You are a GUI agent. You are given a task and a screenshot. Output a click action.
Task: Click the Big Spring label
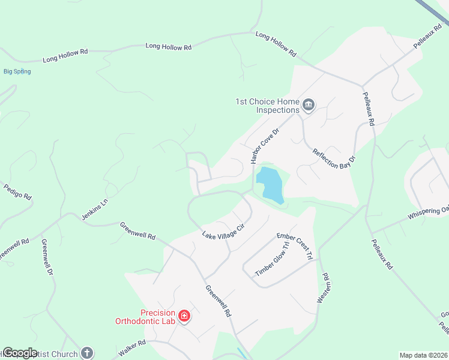[17, 71]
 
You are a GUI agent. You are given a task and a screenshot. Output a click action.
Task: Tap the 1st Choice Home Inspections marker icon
[309, 106]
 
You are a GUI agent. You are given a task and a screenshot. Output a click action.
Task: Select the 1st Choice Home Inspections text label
[267, 106]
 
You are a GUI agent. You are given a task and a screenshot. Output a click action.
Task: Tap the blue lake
[270, 184]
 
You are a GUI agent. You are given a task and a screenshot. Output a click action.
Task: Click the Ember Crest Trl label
[295, 246]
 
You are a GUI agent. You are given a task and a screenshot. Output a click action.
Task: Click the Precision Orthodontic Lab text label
[145, 317]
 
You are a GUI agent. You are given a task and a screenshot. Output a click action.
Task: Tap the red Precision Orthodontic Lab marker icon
[184, 316]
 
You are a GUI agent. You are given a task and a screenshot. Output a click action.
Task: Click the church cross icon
[87, 353]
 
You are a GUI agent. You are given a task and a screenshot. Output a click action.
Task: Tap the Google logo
[20, 353]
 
